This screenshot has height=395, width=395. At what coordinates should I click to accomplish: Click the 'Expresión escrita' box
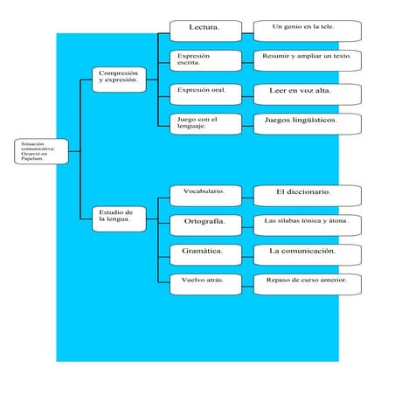204,60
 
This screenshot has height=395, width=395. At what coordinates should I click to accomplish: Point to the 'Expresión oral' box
204,92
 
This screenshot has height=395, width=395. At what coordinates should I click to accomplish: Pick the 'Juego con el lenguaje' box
204,123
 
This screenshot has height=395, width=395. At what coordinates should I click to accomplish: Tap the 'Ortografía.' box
204,223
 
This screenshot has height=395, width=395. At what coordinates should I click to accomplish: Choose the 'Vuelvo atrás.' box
204,282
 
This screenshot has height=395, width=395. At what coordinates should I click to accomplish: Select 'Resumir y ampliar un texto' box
306,59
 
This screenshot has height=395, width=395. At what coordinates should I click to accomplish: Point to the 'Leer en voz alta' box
306,92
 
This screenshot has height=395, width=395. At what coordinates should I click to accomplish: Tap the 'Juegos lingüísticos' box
306,121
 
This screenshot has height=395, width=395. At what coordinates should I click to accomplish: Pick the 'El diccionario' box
306,192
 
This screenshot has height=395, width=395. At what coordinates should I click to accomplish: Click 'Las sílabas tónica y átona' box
306,223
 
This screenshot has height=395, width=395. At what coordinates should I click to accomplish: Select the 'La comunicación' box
306,253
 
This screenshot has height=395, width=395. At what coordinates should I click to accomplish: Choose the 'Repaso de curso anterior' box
306,282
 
